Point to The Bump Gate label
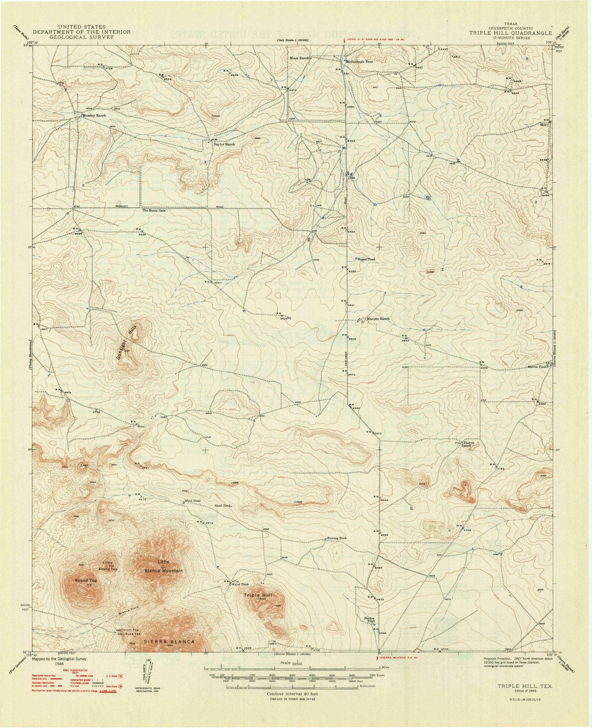pos(153,211)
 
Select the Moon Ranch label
pos(301,58)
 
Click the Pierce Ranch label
pos(466,444)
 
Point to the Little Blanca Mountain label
pos(163,566)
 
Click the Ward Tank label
pos(241,585)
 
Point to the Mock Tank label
pos(193,501)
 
